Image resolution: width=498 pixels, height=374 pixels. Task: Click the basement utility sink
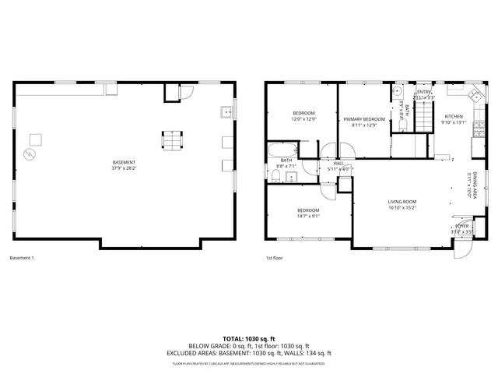pos(228,111)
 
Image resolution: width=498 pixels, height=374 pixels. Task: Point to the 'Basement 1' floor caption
pos(22,258)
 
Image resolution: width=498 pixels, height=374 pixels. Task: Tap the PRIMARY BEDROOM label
pos(364,119)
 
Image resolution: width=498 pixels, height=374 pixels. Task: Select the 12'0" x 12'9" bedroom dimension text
pos(303,119)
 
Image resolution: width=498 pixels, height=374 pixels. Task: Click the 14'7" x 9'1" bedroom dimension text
pos(309,216)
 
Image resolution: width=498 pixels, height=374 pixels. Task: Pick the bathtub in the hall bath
pos(281,149)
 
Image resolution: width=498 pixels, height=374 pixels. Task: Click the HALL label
pos(338,163)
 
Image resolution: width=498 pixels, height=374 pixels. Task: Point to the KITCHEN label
pos(454,116)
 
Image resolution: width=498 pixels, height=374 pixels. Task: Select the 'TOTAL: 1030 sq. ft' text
pos(249,339)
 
